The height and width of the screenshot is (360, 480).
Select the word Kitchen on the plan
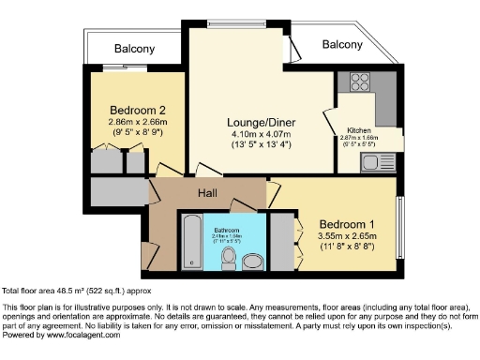point(360,129)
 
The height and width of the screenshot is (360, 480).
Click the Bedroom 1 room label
point(346,224)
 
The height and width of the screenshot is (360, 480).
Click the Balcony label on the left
point(134,49)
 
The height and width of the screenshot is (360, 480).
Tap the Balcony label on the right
point(342,44)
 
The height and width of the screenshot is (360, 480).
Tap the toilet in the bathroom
point(229,257)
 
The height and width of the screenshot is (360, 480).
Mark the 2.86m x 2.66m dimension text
point(131,121)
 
